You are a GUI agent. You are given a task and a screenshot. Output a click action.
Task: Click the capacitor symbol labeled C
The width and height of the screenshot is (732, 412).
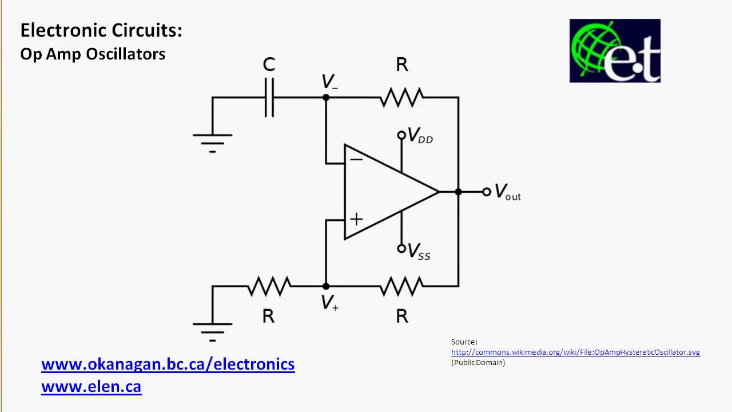pyautogui.click(x=269, y=98)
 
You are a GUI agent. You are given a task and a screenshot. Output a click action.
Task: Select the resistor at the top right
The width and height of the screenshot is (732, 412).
pyautogui.click(x=401, y=98)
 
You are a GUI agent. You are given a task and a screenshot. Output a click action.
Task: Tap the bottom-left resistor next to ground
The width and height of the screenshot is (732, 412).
pyautogui.click(x=269, y=286)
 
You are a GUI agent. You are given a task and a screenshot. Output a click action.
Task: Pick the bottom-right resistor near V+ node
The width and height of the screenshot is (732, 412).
pyautogui.click(x=401, y=286)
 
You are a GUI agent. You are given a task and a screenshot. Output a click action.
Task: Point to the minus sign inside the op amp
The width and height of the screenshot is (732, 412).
pyautogui.click(x=356, y=159)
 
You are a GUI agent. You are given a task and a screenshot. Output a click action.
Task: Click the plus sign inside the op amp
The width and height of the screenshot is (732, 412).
pyautogui.click(x=356, y=219)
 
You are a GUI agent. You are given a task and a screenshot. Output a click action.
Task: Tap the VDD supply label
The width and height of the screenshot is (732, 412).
pyautogui.click(x=420, y=137)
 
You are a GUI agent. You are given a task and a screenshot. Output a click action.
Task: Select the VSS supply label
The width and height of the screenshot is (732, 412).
pyautogui.click(x=419, y=252)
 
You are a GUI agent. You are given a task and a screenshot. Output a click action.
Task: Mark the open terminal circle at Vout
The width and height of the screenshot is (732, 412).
pyautogui.click(x=486, y=192)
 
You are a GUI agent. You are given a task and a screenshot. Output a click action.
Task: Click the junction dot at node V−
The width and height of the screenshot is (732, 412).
pyautogui.click(x=326, y=98)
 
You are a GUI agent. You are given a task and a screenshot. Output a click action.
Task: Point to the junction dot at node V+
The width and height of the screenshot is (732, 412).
pyautogui.click(x=326, y=286)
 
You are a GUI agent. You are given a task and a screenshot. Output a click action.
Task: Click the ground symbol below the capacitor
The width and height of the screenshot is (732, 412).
pyautogui.click(x=212, y=140)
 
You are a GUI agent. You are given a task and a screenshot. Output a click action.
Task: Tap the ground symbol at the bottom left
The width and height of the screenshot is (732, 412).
pyautogui.click(x=212, y=329)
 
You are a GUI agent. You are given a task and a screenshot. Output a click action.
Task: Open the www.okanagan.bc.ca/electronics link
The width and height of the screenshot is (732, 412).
pyautogui.click(x=168, y=365)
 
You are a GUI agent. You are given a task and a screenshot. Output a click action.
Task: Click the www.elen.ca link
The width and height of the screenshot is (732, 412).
pyautogui.click(x=91, y=386)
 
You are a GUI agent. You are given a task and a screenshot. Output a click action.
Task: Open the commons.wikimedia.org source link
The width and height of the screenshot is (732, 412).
pyautogui.click(x=575, y=352)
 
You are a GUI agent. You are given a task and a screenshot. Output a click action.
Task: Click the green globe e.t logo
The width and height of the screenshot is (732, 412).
pyautogui.click(x=615, y=51)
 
